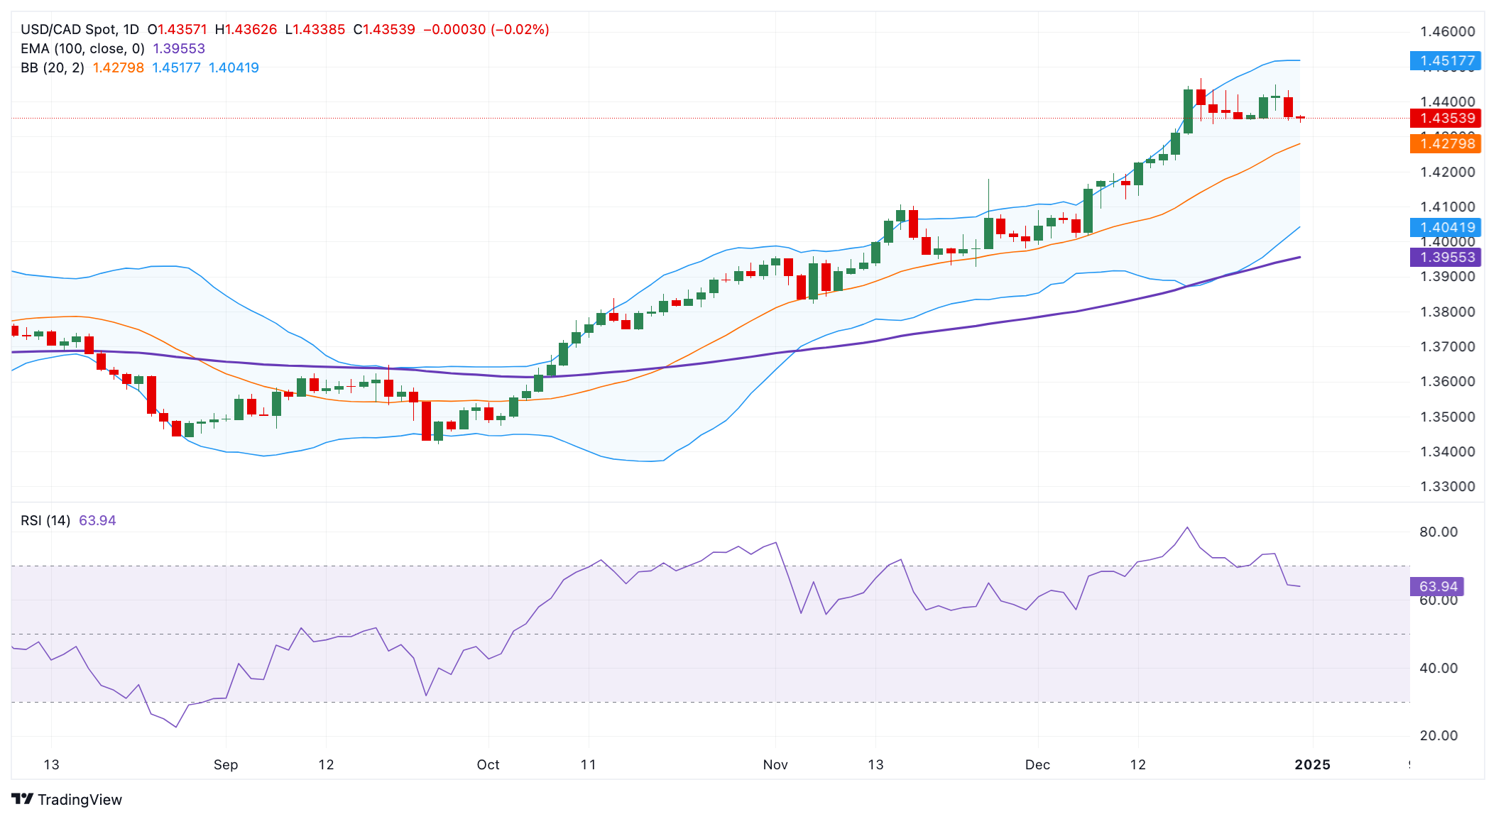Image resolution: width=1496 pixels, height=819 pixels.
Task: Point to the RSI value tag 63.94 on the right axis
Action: coord(1437,587)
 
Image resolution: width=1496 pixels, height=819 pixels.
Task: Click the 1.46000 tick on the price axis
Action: coord(1447,31)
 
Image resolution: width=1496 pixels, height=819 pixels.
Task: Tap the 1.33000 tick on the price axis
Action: coord(1447,487)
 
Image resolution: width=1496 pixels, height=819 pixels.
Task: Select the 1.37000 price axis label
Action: coord(1447,347)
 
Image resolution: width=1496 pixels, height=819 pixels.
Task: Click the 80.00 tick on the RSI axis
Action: coord(1438,532)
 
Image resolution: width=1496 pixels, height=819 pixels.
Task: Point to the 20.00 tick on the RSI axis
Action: coord(1438,736)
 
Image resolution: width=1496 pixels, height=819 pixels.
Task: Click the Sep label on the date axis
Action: coord(226,765)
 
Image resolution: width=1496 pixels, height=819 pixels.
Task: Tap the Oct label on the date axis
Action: coord(488,765)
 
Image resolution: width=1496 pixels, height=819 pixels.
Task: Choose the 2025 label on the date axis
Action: coord(1312,765)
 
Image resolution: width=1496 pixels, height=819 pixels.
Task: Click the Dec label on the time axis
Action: coord(1037,765)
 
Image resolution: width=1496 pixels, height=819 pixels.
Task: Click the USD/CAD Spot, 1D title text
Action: coord(80,30)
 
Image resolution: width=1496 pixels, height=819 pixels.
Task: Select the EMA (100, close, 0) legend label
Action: coord(82,49)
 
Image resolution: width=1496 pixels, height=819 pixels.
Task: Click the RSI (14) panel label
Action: coord(45,521)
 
